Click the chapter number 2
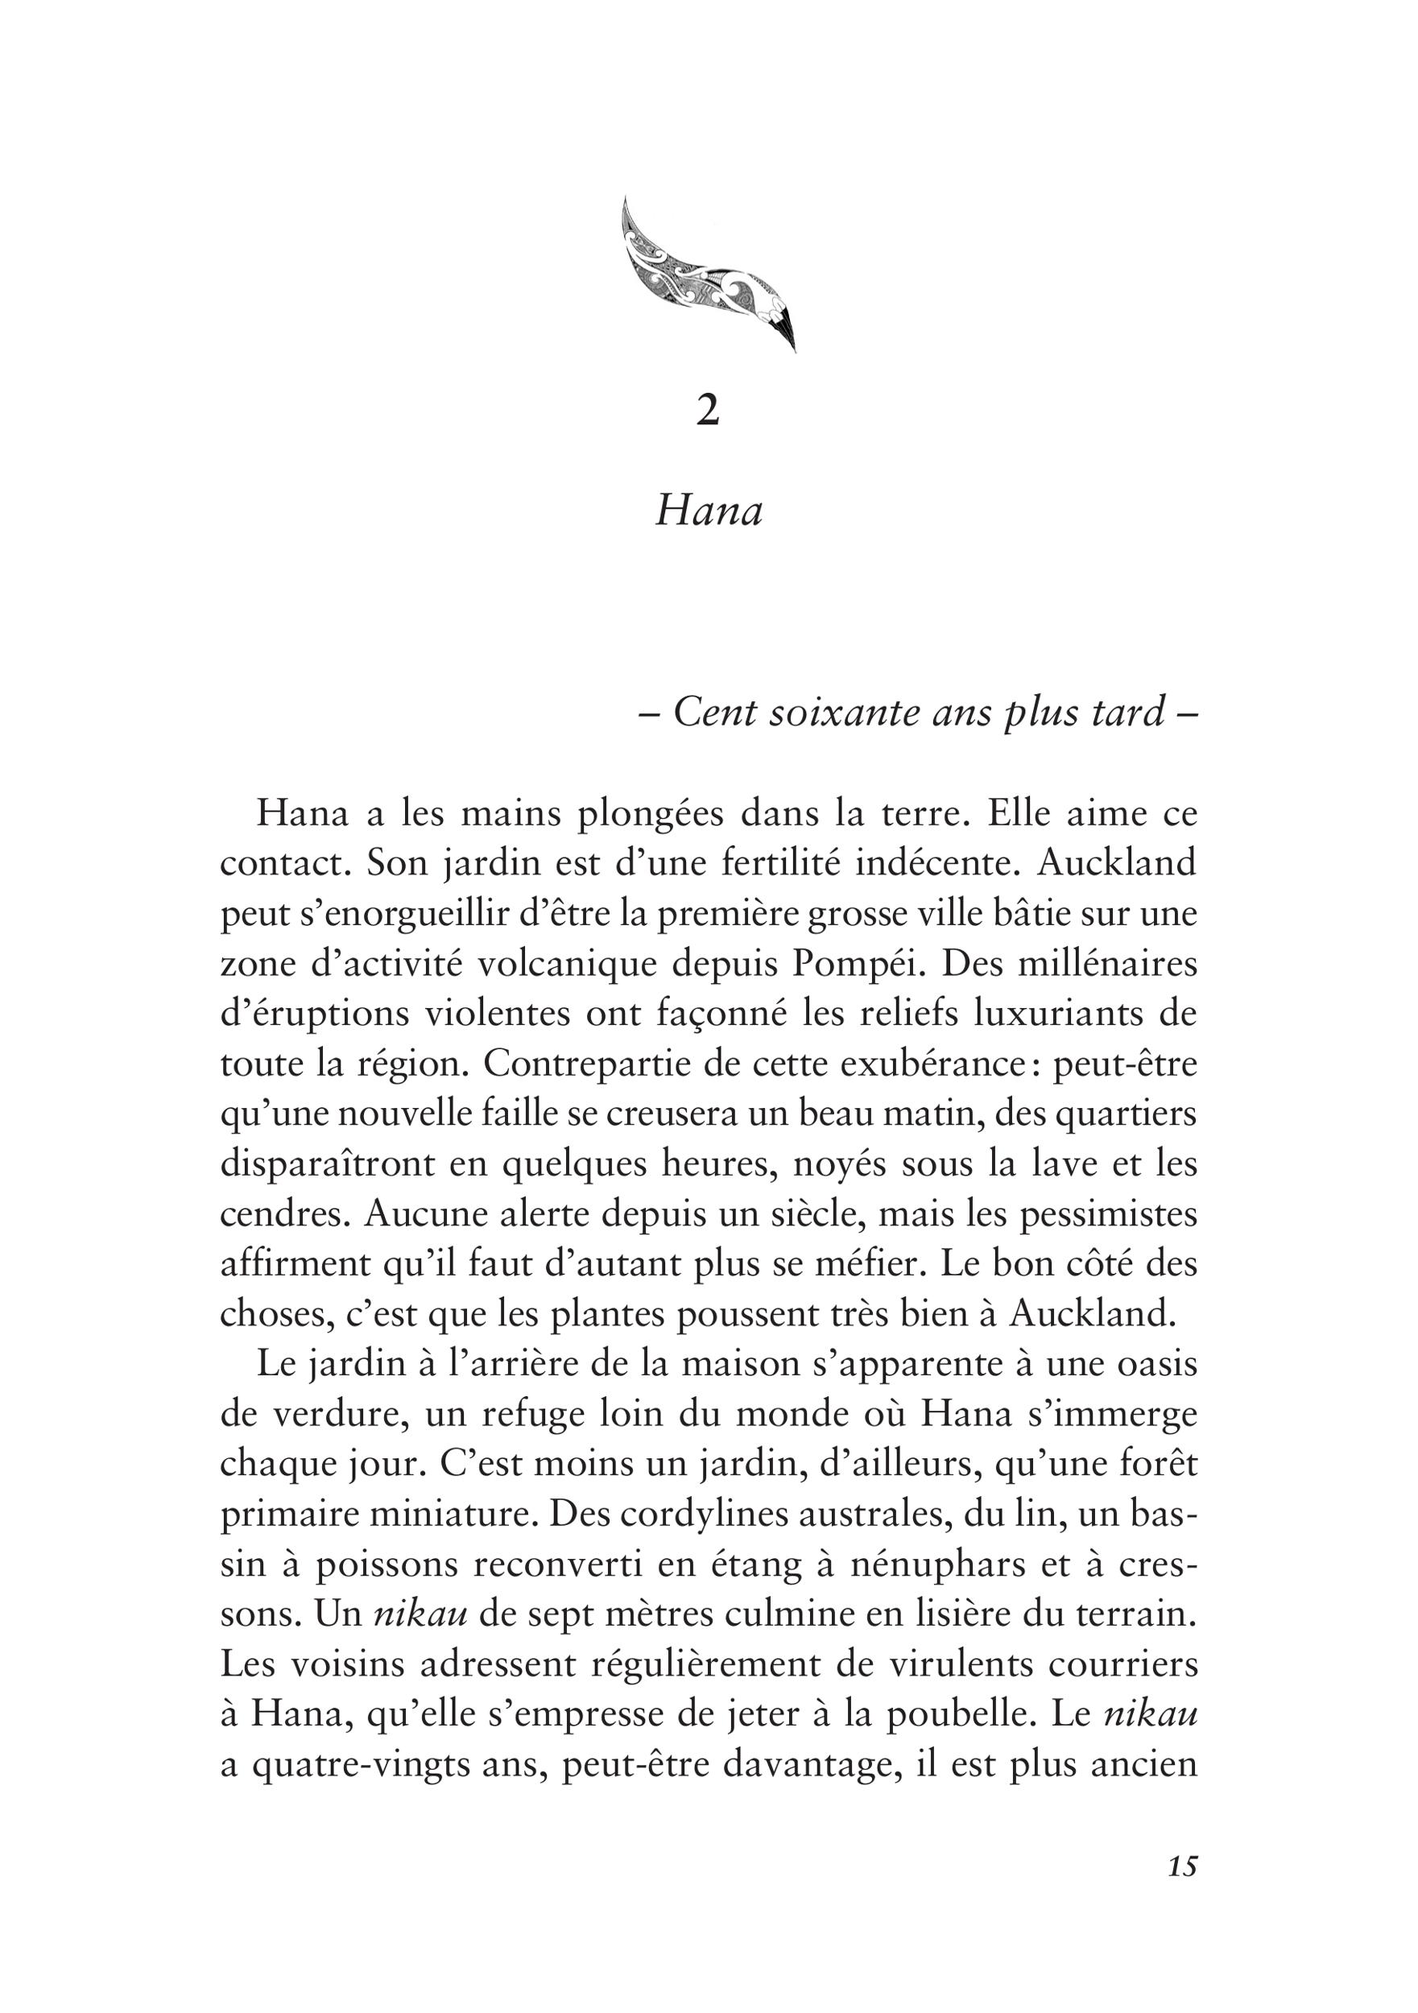(x=708, y=411)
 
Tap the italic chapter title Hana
(x=709, y=511)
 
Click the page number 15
(x=1182, y=1891)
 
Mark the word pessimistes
(x=1110, y=1215)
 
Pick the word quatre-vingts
(x=361, y=1766)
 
